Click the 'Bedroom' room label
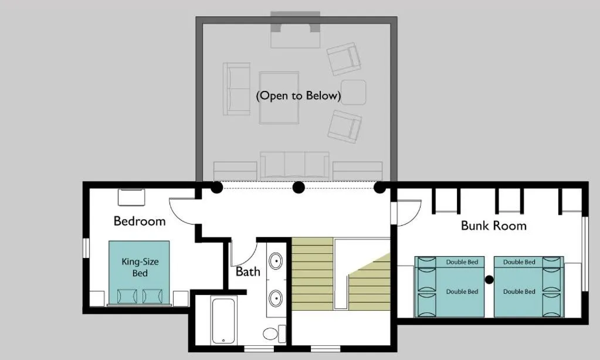point(140,221)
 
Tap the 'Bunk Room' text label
point(493,226)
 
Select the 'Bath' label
point(248,272)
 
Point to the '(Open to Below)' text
point(299,96)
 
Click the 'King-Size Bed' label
point(140,267)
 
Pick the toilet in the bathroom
point(270,334)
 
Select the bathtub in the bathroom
point(222,321)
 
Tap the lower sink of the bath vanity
point(275,297)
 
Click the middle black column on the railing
point(299,188)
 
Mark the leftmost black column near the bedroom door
point(216,188)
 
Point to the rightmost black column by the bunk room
point(379,188)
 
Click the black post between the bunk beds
point(489,280)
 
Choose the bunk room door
point(409,212)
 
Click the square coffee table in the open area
point(279,97)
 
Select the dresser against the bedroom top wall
point(131,197)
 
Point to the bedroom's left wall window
point(86,247)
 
